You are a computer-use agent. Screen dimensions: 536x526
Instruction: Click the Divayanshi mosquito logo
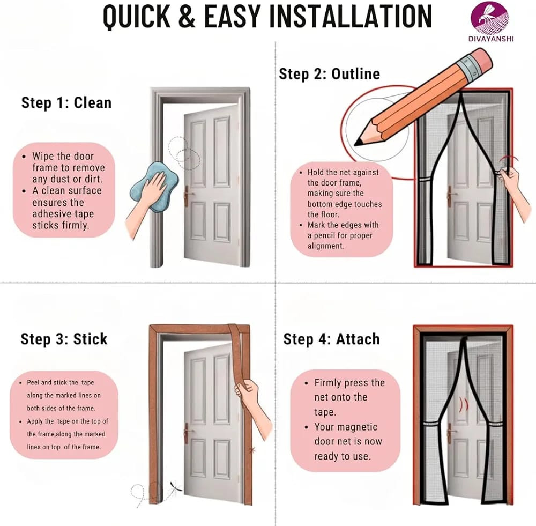[489, 17]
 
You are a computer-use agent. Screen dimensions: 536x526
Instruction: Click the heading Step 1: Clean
[66, 102]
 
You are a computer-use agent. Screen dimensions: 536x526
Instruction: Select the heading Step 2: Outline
[329, 74]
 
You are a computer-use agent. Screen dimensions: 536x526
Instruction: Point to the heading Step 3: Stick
[64, 339]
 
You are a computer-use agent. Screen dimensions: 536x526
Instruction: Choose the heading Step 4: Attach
[331, 339]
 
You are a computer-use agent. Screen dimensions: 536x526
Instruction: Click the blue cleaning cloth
[154, 187]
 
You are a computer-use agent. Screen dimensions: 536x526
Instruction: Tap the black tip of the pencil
[359, 142]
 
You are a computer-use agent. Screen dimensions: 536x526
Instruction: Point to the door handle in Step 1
[187, 196]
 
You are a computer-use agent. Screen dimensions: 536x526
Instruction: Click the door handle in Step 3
[187, 433]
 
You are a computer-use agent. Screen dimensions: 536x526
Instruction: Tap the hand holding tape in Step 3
[251, 402]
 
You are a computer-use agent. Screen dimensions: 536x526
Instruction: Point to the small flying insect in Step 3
[175, 490]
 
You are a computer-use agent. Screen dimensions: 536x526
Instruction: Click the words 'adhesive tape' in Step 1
[63, 214]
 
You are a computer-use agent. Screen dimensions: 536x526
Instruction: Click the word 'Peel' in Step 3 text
[33, 382]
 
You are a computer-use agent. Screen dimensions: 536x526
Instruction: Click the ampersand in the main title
[187, 17]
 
